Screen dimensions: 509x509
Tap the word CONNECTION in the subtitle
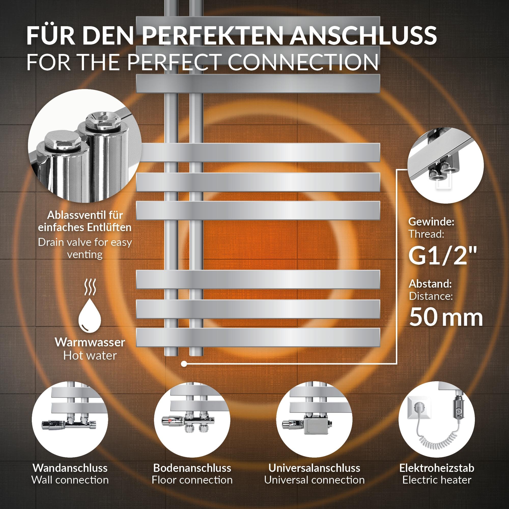click(303, 62)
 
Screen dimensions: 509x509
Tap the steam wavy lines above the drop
click(90, 287)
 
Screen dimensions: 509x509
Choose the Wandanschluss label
click(70, 468)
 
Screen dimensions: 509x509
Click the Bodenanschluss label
click(192, 468)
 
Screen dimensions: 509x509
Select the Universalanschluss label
click(314, 468)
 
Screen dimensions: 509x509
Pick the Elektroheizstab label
click(437, 468)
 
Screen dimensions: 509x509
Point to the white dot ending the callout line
click(184, 364)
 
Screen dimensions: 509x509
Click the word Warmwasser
click(90, 342)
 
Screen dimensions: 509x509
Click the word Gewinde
click(431, 222)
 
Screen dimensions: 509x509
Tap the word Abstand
click(430, 284)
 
